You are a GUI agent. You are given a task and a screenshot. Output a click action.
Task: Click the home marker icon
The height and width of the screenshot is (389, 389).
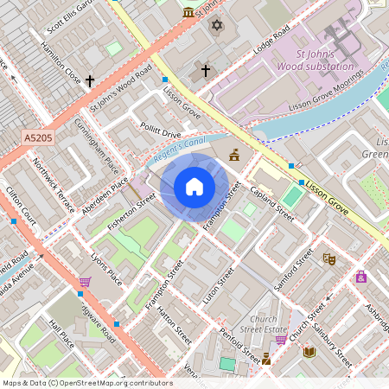[194, 187]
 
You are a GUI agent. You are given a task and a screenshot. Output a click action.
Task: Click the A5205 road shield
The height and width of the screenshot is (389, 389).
[38, 137]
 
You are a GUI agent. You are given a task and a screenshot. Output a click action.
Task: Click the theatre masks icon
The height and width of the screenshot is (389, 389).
[328, 258]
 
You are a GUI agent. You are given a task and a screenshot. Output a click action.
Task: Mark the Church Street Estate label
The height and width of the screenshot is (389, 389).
[263, 323]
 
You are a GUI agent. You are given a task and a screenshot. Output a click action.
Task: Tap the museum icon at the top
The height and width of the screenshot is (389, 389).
[189, 12]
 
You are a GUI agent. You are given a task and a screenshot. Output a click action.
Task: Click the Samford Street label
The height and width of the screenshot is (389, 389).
[294, 271]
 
